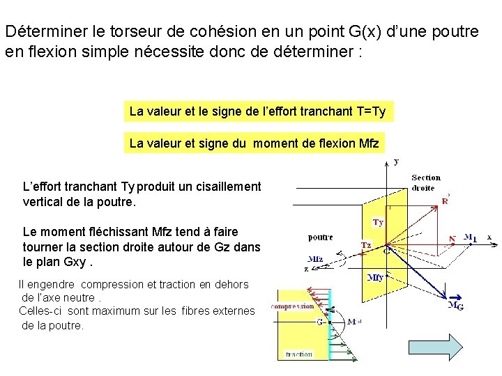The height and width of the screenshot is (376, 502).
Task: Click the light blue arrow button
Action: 455,347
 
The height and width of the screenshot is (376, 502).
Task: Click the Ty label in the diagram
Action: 377,223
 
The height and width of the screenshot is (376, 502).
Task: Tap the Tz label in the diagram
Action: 367,244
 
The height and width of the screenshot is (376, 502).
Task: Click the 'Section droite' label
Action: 425,182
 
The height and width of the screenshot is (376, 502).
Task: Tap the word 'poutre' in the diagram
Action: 321,237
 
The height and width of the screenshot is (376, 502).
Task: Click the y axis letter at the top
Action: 396,162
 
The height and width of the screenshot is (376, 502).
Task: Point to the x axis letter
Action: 489,237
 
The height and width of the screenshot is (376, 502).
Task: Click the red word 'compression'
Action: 292,306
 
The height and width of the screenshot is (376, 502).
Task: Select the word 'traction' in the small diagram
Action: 298,354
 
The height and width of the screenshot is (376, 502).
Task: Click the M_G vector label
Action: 455,304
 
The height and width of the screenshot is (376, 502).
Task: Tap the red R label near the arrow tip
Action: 445,201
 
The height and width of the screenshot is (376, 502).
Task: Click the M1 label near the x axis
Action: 470,237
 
